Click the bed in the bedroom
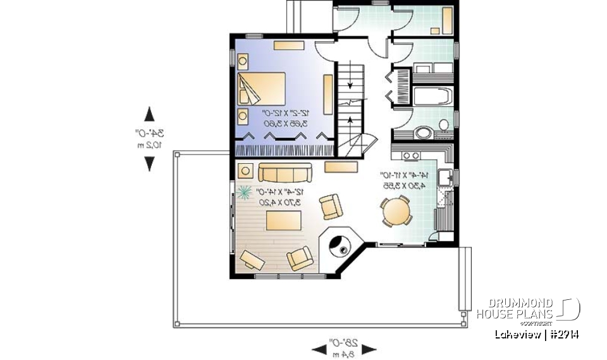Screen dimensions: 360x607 pyautogui.click(x=262, y=89)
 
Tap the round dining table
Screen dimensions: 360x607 pyautogui.click(x=396, y=211)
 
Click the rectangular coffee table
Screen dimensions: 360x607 pyautogui.click(x=283, y=221)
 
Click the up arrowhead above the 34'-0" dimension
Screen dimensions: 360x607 pyautogui.click(x=150, y=114)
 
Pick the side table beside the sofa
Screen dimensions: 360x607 pyautogui.click(x=245, y=171)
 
